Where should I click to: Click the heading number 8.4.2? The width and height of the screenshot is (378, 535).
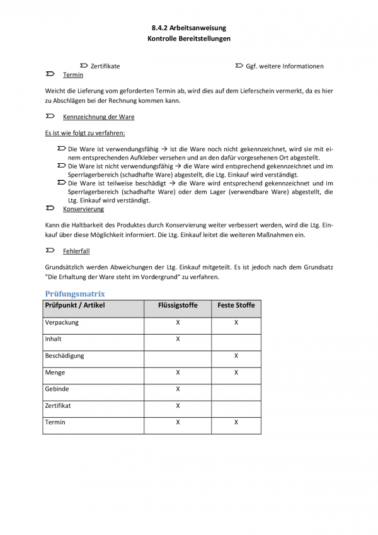tap(161, 28)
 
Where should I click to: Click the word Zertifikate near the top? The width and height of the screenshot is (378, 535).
tap(105, 66)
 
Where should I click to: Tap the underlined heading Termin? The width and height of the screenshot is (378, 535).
tap(73, 75)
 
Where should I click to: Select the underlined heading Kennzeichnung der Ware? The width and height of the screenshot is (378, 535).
tap(98, 117)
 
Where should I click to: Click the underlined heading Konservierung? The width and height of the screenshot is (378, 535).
tap(83, 209)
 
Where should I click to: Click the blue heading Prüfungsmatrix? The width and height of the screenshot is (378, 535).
tap(75, 294)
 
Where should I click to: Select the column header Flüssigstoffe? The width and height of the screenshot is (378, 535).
tap(178, 306)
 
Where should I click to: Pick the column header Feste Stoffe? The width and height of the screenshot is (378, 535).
tap(236, 306)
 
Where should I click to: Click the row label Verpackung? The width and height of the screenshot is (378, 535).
tap(60, 323)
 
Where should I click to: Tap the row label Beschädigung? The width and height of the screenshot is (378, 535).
tap(64, 355)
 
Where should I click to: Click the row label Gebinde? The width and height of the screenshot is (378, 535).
tap(57, 389)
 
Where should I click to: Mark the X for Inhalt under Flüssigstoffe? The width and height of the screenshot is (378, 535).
tap(178, 339)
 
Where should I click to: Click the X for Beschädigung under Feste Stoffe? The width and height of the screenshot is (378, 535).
tap(236, 355)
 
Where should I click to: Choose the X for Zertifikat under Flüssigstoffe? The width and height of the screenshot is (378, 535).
tap(178, 405)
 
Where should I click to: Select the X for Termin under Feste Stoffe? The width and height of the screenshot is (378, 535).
tap(236, 422)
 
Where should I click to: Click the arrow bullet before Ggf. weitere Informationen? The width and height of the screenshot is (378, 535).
tap(239, 66)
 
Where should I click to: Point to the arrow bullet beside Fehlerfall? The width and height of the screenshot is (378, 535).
tap(50, 250)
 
